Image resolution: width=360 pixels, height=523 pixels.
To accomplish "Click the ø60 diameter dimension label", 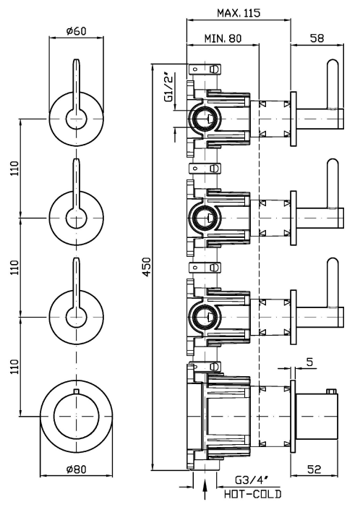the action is [77, 30].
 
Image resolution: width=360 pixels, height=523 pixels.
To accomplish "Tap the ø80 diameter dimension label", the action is [77, 469].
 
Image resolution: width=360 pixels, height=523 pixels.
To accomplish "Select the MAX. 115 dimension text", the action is [239, 13].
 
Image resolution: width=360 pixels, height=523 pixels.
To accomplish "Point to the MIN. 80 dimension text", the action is [223, 38].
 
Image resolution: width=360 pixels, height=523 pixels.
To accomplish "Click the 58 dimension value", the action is [317, 38].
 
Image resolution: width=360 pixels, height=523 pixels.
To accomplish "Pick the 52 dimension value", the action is [314, 469].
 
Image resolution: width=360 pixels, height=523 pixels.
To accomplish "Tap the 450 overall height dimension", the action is [147, 266].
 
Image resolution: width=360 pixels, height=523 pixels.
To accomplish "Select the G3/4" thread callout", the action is [252, 480].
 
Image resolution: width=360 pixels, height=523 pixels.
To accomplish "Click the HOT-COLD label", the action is [253, 493].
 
